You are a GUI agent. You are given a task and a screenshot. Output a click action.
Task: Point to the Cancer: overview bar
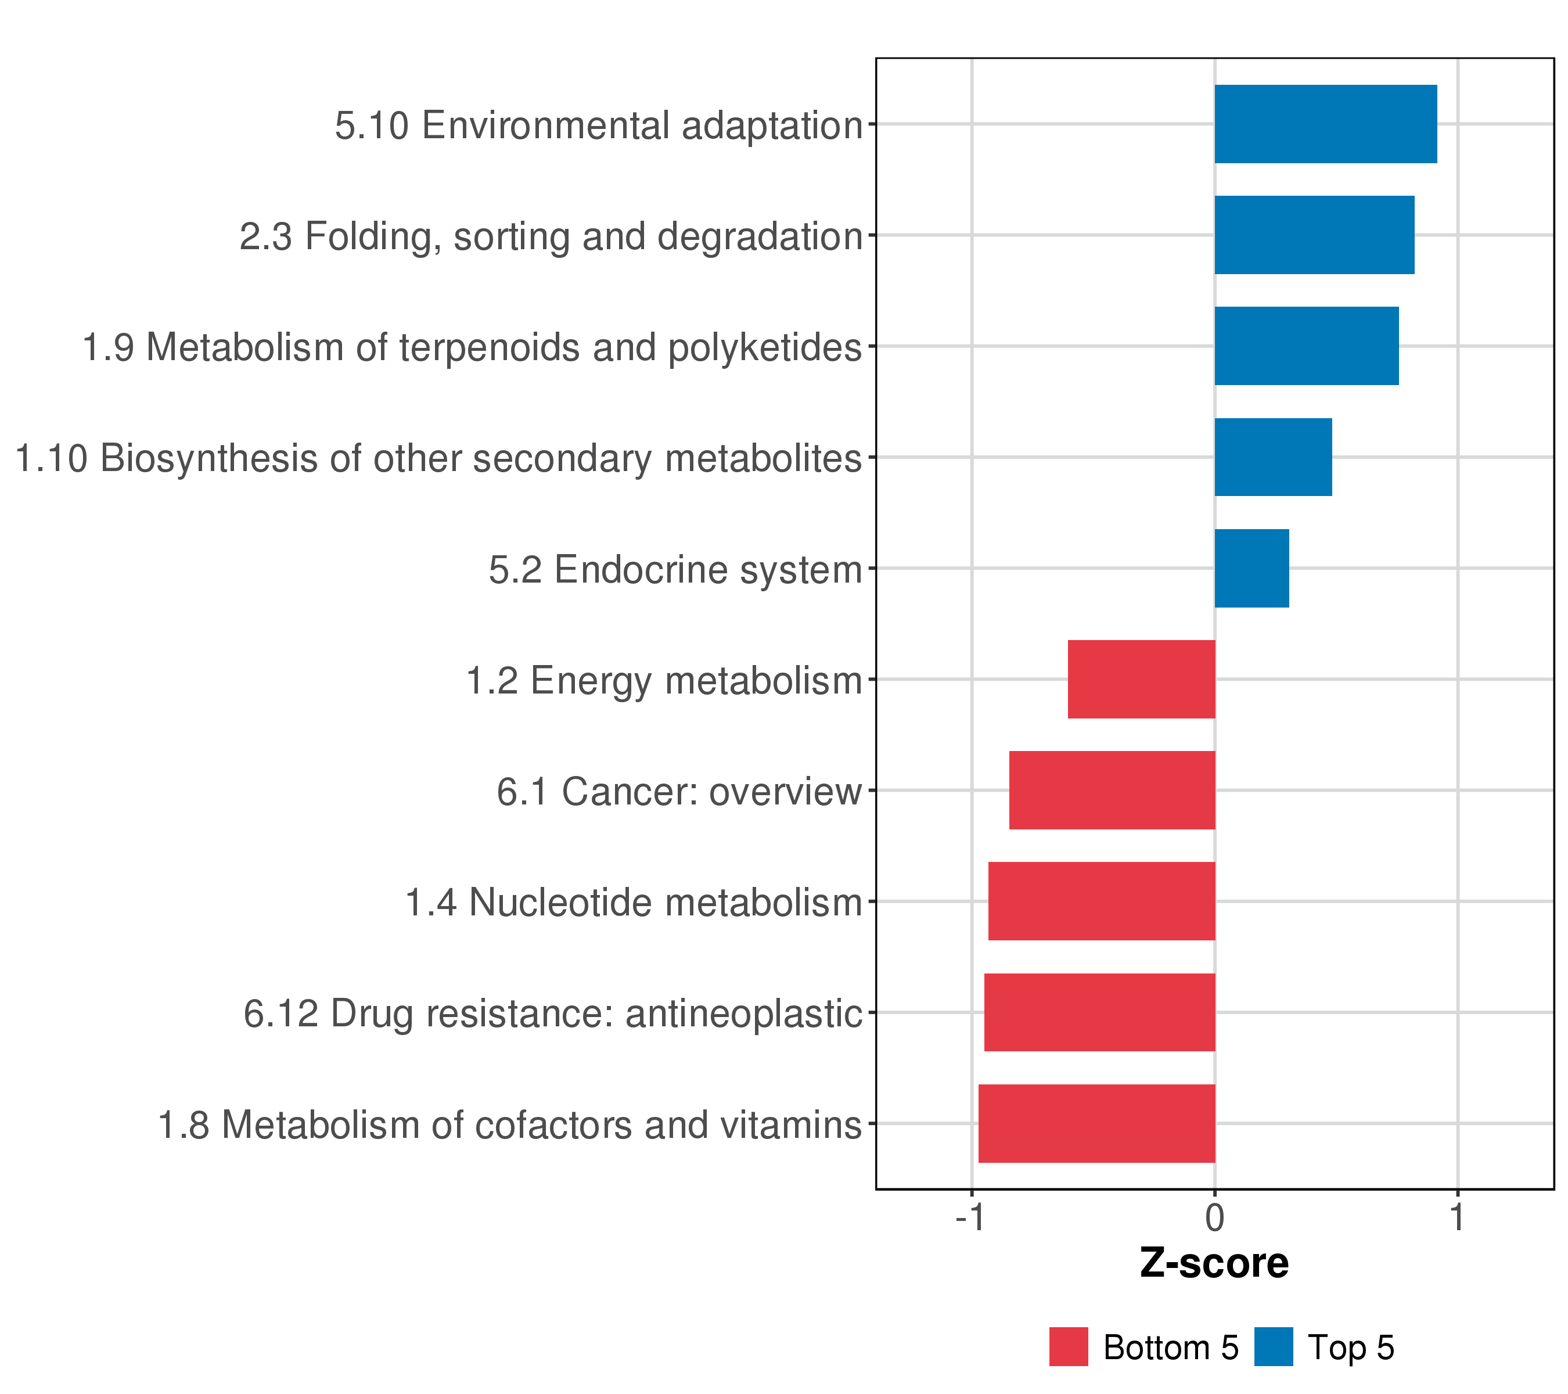coord(1112,790)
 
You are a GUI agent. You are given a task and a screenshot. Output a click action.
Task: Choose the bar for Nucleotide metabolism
coord(1101,901)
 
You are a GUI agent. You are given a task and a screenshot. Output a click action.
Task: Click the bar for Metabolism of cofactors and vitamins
coord(1096,1124)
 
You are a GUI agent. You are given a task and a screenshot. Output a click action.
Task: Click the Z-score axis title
coord(1214,1263)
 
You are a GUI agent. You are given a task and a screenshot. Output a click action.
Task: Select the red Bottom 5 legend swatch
coord(1069,1347)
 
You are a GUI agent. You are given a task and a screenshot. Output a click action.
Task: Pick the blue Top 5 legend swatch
coord(1274,1347)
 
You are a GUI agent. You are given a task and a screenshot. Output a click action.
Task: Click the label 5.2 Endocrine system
coord(675,570)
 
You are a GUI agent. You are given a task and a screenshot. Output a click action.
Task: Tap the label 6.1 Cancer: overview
coord(679,792)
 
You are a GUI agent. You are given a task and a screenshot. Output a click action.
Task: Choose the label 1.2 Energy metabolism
coord(664,681)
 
